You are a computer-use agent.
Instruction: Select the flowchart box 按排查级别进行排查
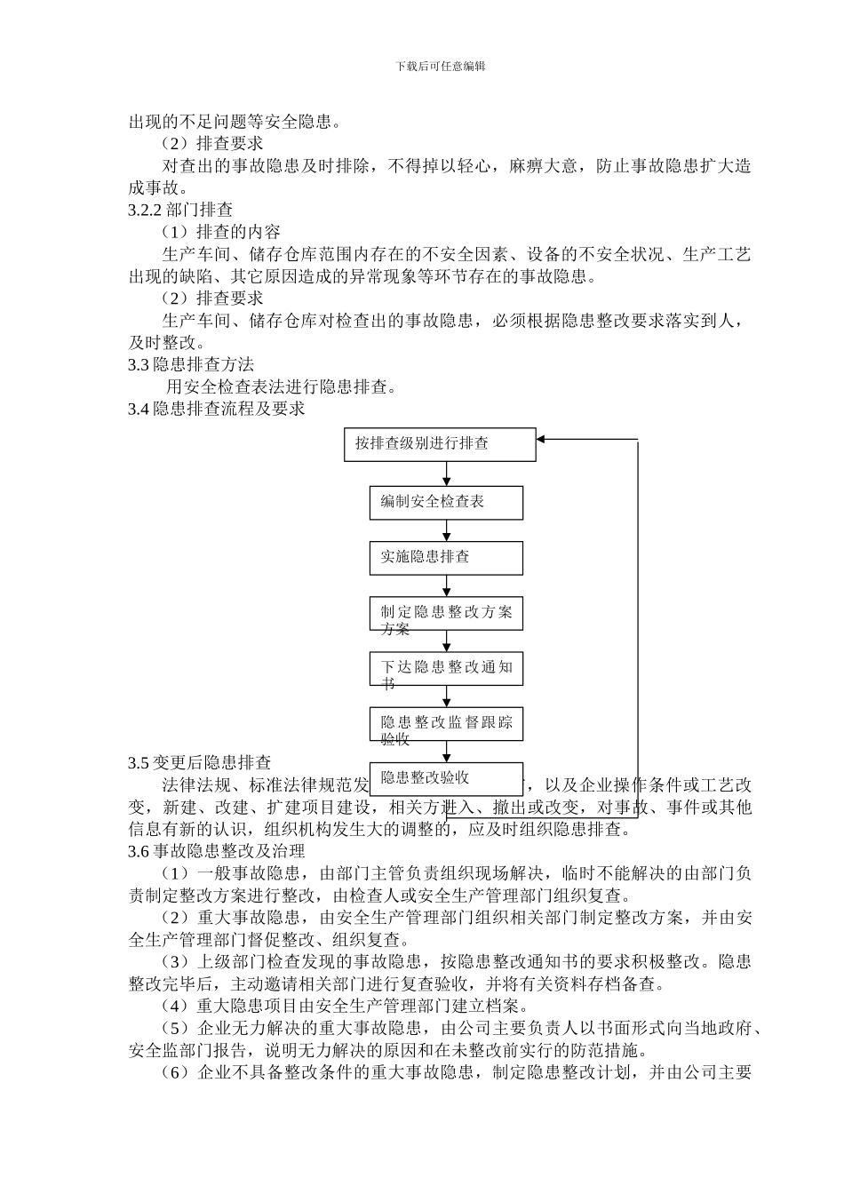point(440,444)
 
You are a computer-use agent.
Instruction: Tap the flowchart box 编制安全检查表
point(446,503)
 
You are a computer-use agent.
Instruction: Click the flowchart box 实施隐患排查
point(446,558)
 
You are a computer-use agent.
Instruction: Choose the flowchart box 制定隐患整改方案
point(446,614)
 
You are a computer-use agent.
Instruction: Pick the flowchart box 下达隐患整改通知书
point(446,668)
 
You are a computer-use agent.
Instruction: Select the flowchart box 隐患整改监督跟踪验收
point(446,723)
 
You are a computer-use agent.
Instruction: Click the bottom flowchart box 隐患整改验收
point(446,778)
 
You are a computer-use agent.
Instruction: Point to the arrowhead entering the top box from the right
point(543,439)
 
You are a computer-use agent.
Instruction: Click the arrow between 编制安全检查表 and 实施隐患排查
point(446,531)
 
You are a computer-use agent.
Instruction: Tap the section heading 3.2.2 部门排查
point(180,210)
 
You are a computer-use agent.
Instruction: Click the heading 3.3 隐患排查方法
point(191,364)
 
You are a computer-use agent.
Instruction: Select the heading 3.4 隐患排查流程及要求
point(216,409)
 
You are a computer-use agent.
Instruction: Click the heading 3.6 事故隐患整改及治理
point(216,851)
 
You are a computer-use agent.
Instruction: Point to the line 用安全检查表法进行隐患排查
point(281,386)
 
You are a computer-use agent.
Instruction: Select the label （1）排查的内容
point(221,232)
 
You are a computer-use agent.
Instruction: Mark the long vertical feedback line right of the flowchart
point(638,622)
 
